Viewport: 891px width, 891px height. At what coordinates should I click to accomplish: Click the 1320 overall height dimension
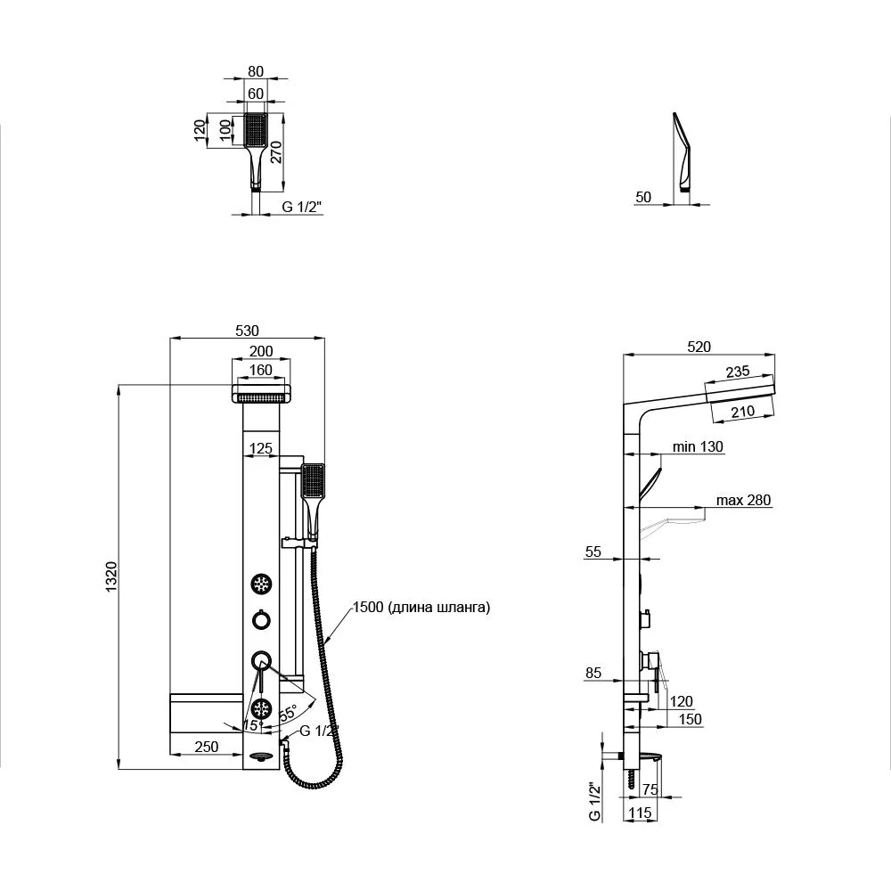pyautogui.click(x=110, y=576)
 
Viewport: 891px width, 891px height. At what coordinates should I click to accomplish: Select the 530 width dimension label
pyautogui.click(x=247, y=331)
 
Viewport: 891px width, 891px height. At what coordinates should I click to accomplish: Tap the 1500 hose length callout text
pyautogui.click(x=421, y=607)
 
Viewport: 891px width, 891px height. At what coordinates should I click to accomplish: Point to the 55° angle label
pyautogui.click(x=288, y=713)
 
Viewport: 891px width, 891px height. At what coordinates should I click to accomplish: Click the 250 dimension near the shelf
pyautogui.click(x=207, y=746)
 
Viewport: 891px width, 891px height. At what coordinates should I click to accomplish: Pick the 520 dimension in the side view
pyautogui.click(x=699, y=347)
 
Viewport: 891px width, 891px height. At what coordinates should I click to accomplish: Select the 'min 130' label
pyautogui.click(x=698, y=446)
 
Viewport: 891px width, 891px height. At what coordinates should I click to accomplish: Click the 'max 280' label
pyautogui.click(x=743, y=500)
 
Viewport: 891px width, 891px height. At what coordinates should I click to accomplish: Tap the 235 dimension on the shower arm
pyautogui.click(x=738, y=372)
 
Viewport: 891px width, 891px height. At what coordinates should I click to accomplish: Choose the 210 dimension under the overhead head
pyautogui.click(x=743, y=412)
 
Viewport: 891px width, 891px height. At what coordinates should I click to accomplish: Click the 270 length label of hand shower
pyautogui.click(x=275, y=152)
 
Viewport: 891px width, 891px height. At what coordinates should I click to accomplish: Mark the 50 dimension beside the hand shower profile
pyautogui.click(x=643, y=197)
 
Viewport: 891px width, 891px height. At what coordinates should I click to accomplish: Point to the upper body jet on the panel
pyautogui.click(x=261, y=584)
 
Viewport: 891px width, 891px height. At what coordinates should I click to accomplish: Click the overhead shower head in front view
pyautogui.click(x=261, y=393)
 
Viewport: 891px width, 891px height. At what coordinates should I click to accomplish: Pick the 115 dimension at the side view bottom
pyautogui.click(x=640, y=813)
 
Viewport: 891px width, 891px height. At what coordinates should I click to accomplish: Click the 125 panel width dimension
pyautogui.click(x=261, y=448)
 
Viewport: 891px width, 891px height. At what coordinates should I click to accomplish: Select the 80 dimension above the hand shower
pyautogui.click(x=256, y=71)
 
